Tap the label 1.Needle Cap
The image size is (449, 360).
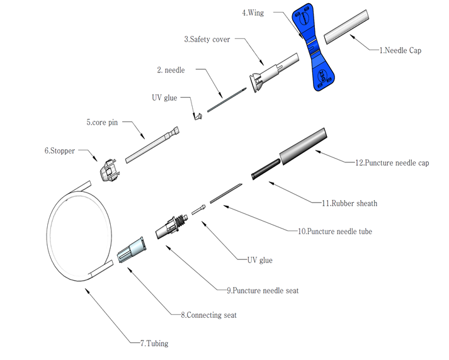coord(400,50)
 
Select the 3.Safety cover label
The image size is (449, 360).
coord(207,39)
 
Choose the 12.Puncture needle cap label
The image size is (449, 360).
coord(392,162)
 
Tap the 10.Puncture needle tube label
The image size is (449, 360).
coord(334,232)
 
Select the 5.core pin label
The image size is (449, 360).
coord(102,123)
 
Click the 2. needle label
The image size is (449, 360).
coord(171,70)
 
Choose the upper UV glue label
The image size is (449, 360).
coord(164,98)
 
